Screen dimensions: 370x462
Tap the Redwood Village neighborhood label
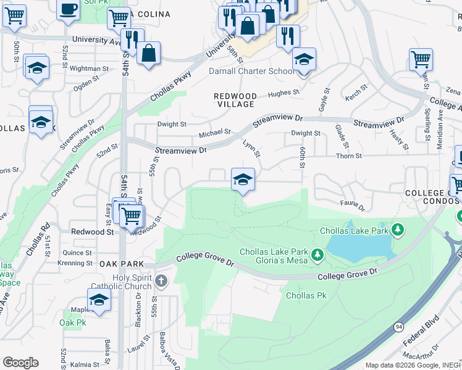pyautogui.click(x=235, y=101)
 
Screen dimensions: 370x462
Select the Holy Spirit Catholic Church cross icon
pyautogui.click(x=160, y=282)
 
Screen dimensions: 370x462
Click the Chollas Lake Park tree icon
pyautogui.click(x=398, y=231)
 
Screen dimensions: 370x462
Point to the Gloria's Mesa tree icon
pyautogui.click(x=317, y=254)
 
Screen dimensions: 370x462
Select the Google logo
pyautogui.click(x=20, y=363)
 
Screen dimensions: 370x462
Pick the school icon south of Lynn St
pyautogui.click(x=243, y=180)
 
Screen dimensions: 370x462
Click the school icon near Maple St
pyautogui.click(x=98, y=300)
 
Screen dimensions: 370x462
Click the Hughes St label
pyautogui.click(x=283, y=94)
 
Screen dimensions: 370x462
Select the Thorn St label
pyautogui.click(x=349, y=156)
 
